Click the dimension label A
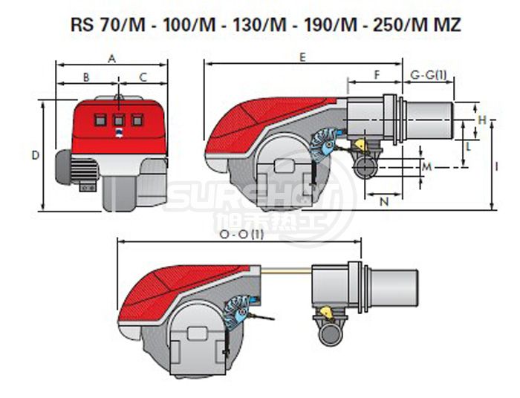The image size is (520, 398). (112, 57)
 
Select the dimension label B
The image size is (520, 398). (86, 76)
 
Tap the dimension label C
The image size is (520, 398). (143, 76)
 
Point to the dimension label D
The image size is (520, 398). (35, 155)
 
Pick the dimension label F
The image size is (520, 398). (377, 74)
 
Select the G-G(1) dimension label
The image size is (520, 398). (429, 74)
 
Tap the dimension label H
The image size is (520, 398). (482, 120)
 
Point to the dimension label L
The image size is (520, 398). (469, 147)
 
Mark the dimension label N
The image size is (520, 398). (384, 201)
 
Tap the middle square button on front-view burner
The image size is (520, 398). (120, 119)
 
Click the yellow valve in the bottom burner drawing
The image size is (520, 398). (326, 310)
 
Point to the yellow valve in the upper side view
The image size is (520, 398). (360, 144)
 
